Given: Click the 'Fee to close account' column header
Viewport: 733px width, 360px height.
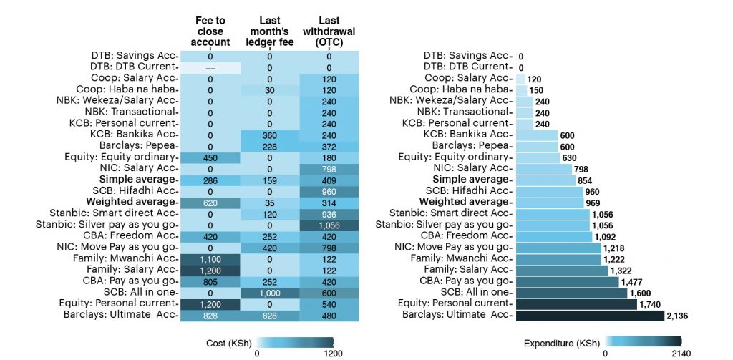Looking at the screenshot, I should point(210,31).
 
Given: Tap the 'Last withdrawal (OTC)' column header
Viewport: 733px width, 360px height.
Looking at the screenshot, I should point(329,31).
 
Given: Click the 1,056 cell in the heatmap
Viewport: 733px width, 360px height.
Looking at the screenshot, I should point(329,224).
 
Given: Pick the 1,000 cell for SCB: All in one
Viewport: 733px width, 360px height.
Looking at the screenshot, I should point(270,292).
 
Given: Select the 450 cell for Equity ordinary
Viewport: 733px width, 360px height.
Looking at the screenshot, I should point(210,157).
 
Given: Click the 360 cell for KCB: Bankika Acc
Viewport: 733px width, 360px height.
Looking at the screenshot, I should point(270,135).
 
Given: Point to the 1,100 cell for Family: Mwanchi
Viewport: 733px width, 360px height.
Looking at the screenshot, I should point(210,258).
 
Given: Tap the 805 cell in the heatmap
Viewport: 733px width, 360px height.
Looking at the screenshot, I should point(210,281).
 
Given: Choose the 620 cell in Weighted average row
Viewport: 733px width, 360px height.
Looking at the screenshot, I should point(210,202).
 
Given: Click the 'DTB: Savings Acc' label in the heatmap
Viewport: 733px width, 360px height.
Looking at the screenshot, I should point(133,55).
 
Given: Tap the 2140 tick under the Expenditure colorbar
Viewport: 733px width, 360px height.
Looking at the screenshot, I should point(682,352).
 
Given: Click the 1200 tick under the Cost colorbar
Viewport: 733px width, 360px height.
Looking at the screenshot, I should point(333,352).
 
